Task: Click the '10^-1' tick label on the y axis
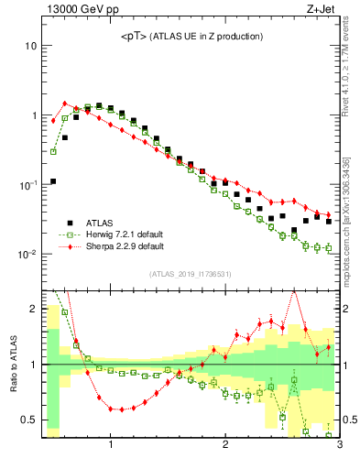click(27, 184)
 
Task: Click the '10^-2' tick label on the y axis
click(27, 254)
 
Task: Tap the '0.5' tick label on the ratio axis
click(28, 420)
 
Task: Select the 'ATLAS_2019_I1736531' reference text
click(191, 274)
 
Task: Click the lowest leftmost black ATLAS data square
click(53, 181)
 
